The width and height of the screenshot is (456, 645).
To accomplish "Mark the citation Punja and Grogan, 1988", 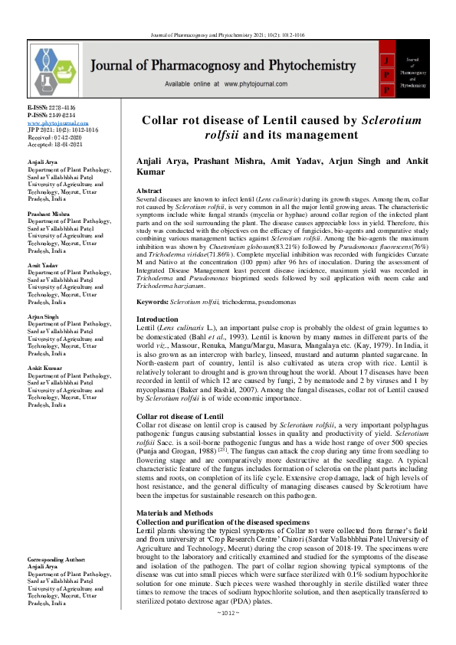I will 170,450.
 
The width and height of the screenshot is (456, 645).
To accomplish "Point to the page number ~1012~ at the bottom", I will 228,634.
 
